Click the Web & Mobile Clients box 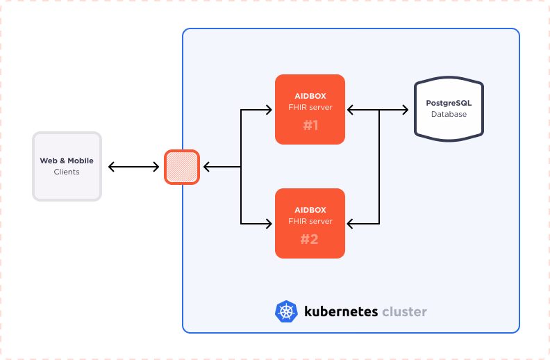67,166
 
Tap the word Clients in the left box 67,172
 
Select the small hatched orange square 182,167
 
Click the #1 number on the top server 310,126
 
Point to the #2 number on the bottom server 310,240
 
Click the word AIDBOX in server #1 310,96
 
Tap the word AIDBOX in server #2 310,210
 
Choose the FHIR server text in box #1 310,107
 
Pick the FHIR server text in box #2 310,221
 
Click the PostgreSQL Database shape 449,109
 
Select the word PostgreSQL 449,103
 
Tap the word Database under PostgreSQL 449,114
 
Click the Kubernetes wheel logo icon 285,311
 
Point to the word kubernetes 340,311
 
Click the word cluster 404,311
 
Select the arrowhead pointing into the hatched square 206,167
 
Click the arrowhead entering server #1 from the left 269,109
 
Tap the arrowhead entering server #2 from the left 269,223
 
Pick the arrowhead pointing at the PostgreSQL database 404,109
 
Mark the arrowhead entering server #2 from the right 351,223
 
